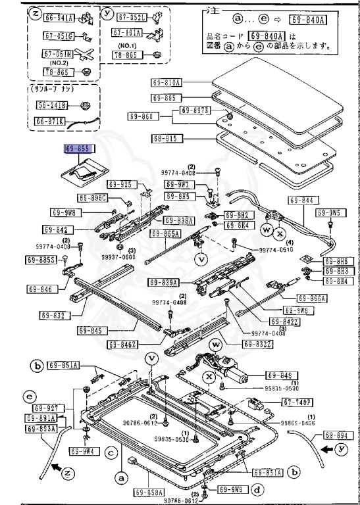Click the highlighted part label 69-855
(x=79, y=149)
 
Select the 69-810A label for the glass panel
(x=167, y=83)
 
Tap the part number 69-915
(x=167, y=139)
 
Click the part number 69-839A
(x=164, y=283)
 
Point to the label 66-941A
(x=59, y=18)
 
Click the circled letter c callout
(x=112, y=452)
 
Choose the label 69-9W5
(x=328, y=212)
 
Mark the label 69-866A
(x=312, y=298)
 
